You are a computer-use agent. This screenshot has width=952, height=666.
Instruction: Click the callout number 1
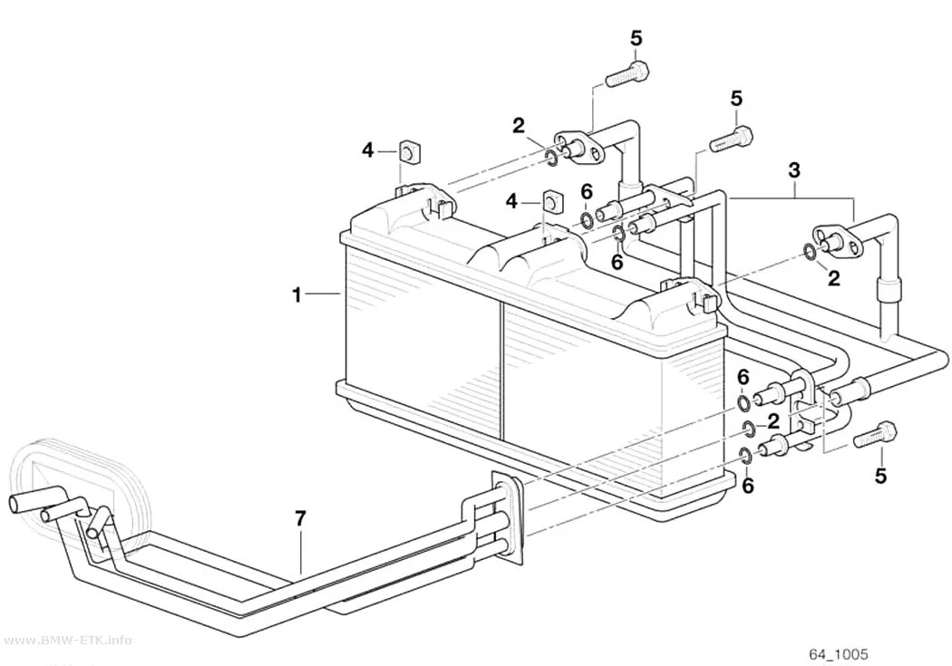296,296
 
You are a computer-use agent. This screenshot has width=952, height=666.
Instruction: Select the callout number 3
795,170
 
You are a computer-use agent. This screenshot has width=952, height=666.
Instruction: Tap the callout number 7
300,518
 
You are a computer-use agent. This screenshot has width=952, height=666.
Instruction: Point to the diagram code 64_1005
839,654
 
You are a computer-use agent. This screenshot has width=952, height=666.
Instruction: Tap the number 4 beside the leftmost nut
368,150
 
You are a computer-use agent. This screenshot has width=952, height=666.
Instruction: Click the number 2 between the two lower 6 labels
772,421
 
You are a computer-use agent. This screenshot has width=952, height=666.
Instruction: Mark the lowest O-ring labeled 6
746,455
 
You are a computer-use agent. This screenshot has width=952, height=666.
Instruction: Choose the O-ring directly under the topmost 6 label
588,220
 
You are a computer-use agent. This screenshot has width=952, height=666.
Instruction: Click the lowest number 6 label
748,486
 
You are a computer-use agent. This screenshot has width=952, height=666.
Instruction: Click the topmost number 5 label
636,38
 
